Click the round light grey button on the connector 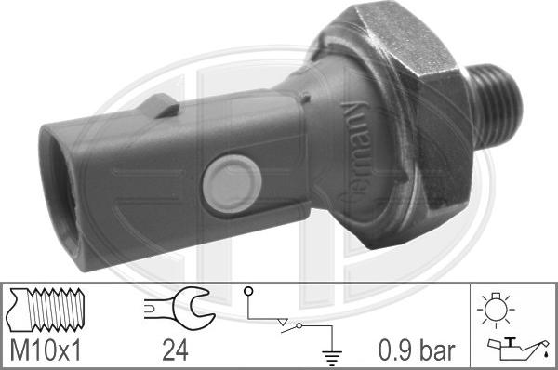[229, 178]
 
